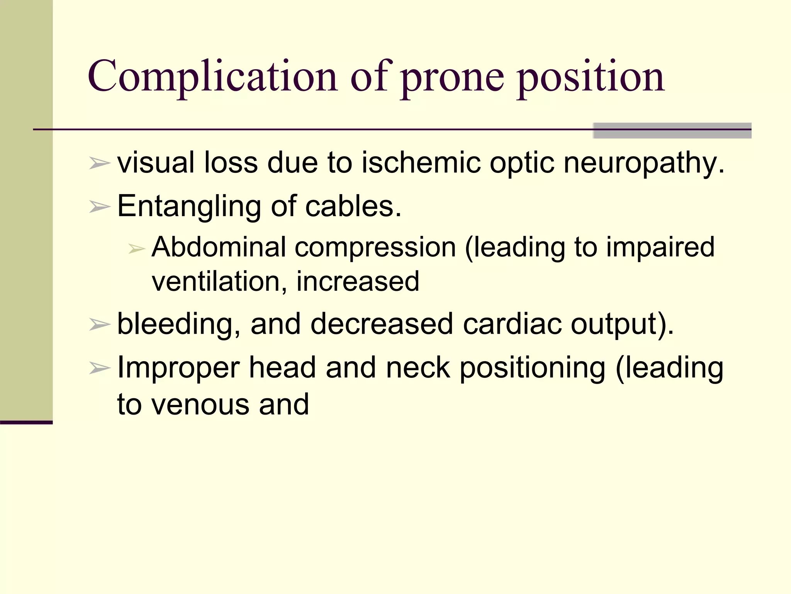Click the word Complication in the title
212,77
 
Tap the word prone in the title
452,79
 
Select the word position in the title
591,79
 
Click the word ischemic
421,162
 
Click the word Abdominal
219,247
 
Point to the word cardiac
512,324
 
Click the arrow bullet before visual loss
100,164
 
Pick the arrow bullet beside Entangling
100,207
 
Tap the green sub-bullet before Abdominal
136,249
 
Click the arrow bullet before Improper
100,368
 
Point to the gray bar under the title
672,130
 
